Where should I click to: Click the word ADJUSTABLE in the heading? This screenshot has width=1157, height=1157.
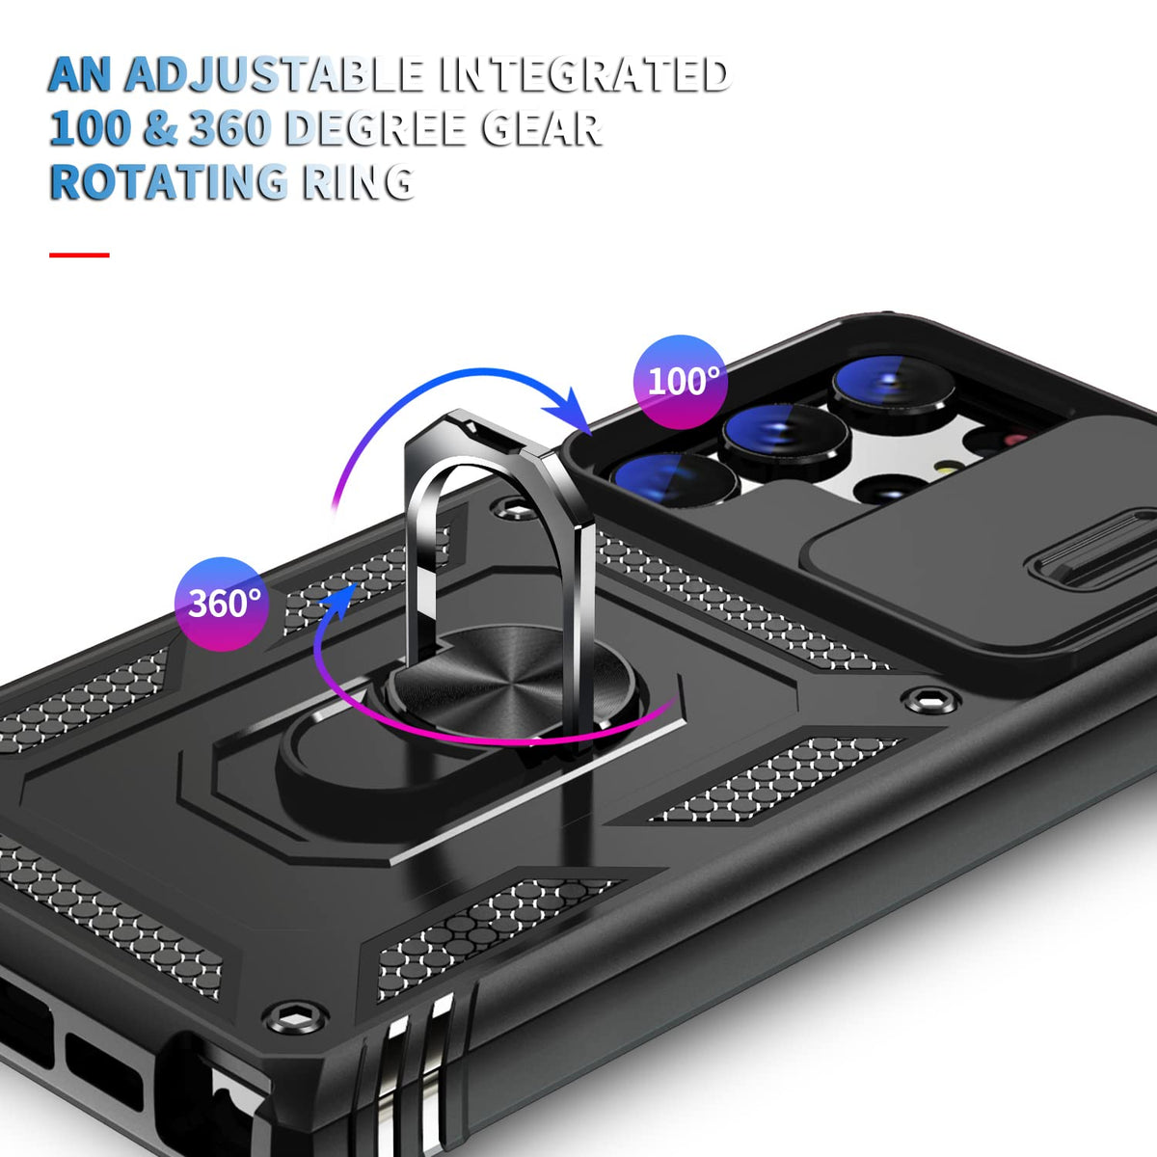(275, 75)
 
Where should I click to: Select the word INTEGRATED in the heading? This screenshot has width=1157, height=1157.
(584, 75)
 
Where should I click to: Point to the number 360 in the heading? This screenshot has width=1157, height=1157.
(229, 129)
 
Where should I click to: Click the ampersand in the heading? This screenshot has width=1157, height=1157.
(160, 129)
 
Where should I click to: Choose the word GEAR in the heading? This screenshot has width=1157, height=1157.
(541, 129)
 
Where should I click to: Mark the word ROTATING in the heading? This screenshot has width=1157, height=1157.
(168, 182)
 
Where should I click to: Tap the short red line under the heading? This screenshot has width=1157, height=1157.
(79, 256)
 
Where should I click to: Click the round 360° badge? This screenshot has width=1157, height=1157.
(223, 604)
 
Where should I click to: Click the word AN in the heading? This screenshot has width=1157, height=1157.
(79, 75)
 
